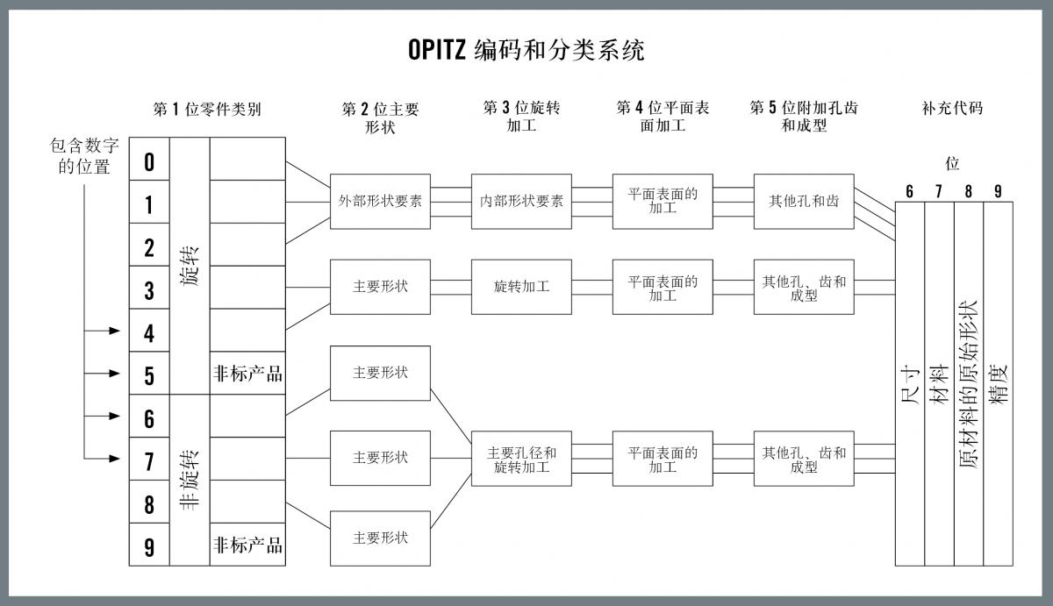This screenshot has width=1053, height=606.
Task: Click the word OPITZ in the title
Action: [x=437, y=49]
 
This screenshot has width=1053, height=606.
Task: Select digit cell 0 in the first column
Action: [x=149, y=159]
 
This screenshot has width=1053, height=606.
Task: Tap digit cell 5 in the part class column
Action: [x=149, y=373]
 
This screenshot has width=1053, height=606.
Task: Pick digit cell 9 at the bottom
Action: [x=149, y=545]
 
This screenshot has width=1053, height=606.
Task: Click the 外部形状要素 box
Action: [x=380, y=202]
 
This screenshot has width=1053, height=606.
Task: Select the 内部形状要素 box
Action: [x=521, y=202]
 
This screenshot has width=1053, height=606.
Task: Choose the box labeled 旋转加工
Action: [x=521, y=287]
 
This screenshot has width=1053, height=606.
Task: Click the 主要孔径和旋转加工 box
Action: [x=521, y=459]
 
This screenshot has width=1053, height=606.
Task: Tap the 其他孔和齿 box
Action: [x=804, y=202]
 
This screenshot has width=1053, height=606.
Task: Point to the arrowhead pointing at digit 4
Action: [x=115, y=331]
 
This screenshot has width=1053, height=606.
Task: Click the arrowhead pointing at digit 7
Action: [x=115, y=459]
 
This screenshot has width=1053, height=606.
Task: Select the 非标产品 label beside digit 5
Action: [x=247, y=374]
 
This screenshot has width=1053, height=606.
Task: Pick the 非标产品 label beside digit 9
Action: [x=247, y=545]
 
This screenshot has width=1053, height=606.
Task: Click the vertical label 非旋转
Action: [x=190, y=480]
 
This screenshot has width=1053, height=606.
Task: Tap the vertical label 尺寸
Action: [x=910, y=386]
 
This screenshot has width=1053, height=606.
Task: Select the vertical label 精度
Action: [x=999, y=385]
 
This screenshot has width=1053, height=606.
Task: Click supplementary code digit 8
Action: [x=969, y=191]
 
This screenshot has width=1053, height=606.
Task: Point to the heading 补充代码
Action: [x=952, y=108]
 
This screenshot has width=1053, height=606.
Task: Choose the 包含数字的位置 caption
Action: [x=84, y=156]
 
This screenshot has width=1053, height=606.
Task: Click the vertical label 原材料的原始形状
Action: [x=969, y=384]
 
